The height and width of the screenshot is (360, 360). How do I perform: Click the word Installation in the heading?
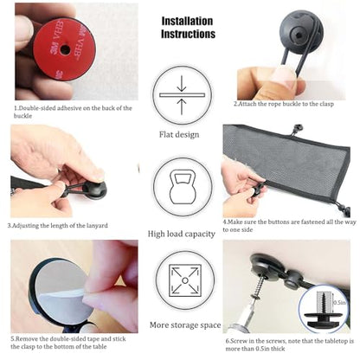pos(187,21)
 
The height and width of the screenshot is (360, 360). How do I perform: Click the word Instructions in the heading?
pos(188,34)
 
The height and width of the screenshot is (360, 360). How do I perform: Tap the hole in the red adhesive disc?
pos(65,49)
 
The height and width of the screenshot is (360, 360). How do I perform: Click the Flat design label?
pos(179,134)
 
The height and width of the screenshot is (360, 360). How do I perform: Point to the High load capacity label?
pos(182,234)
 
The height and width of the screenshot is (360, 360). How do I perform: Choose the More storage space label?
pos(185,325)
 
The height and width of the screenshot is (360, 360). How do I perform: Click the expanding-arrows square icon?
pos(185,280)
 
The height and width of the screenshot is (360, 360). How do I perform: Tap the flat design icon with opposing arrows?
pos(182,95)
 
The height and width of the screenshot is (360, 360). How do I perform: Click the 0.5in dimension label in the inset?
pos(339,302)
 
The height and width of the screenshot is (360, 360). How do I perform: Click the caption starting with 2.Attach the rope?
pos(284,104)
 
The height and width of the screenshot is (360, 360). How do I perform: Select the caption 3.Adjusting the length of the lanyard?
pos(58,225)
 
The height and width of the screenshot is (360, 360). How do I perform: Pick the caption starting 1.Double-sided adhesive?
pos(73,112)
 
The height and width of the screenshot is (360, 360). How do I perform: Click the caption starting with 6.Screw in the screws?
pos(290,344)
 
